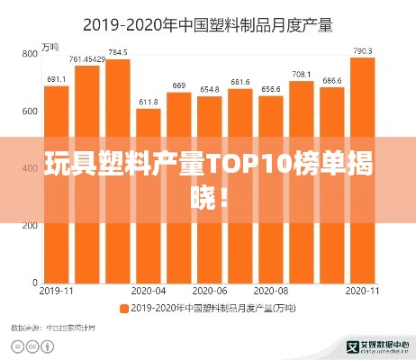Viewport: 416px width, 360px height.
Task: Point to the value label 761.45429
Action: tap(87, 59)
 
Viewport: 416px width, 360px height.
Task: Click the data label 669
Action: tap(178, 85)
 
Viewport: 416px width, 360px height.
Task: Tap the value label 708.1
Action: tap(301, 74)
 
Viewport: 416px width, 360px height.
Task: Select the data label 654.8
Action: tap(209, 89)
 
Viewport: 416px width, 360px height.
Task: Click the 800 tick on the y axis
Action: tap(29, 54)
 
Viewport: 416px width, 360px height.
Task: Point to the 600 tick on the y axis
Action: tap(29, 111)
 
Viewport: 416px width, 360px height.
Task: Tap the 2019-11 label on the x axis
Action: tap(56, 291)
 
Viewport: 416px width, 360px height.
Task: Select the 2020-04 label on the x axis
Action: tap(148, 291)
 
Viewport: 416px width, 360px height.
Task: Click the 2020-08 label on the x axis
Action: tap(270, 291)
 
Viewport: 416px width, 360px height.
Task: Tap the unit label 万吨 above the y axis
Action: tap(50, 44)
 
